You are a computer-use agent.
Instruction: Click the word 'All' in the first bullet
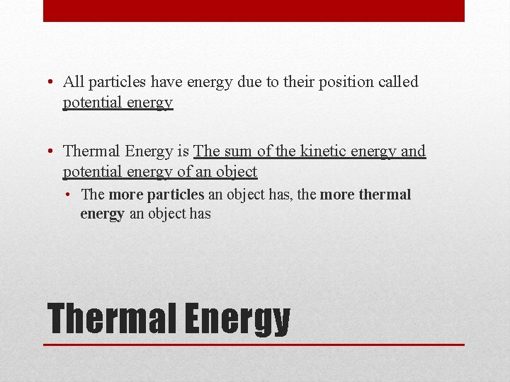[x=74, y=82]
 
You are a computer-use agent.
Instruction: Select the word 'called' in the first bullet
[x=399, y=82]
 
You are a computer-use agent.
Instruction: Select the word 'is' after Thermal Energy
[x=182, y=151]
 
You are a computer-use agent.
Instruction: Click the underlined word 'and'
[x=413, y=151]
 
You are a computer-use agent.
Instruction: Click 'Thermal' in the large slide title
[x=109, y=319]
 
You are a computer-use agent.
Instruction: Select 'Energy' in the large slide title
[x=237, y=319]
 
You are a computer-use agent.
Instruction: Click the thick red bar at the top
[x=254, y=11]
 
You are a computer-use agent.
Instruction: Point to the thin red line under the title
[x=254, y=345]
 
